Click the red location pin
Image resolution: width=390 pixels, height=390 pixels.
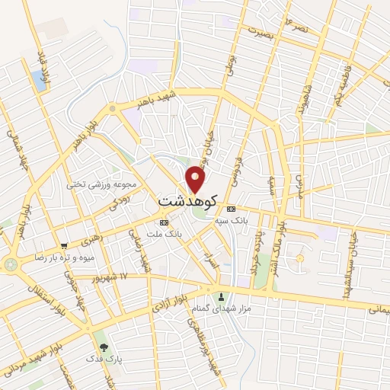(x=196, y=179)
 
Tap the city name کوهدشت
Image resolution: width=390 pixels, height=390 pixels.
(x=188, y=200)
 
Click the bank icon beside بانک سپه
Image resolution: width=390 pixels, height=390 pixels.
(x=231, y=209)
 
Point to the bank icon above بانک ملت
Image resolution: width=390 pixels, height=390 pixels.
(x=161, y=222)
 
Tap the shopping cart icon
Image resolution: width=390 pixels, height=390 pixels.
(x=64, y=246)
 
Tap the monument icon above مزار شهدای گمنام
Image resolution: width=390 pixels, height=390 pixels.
(x=222, y=296)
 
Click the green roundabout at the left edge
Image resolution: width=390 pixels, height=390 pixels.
(x=11, y=264)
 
